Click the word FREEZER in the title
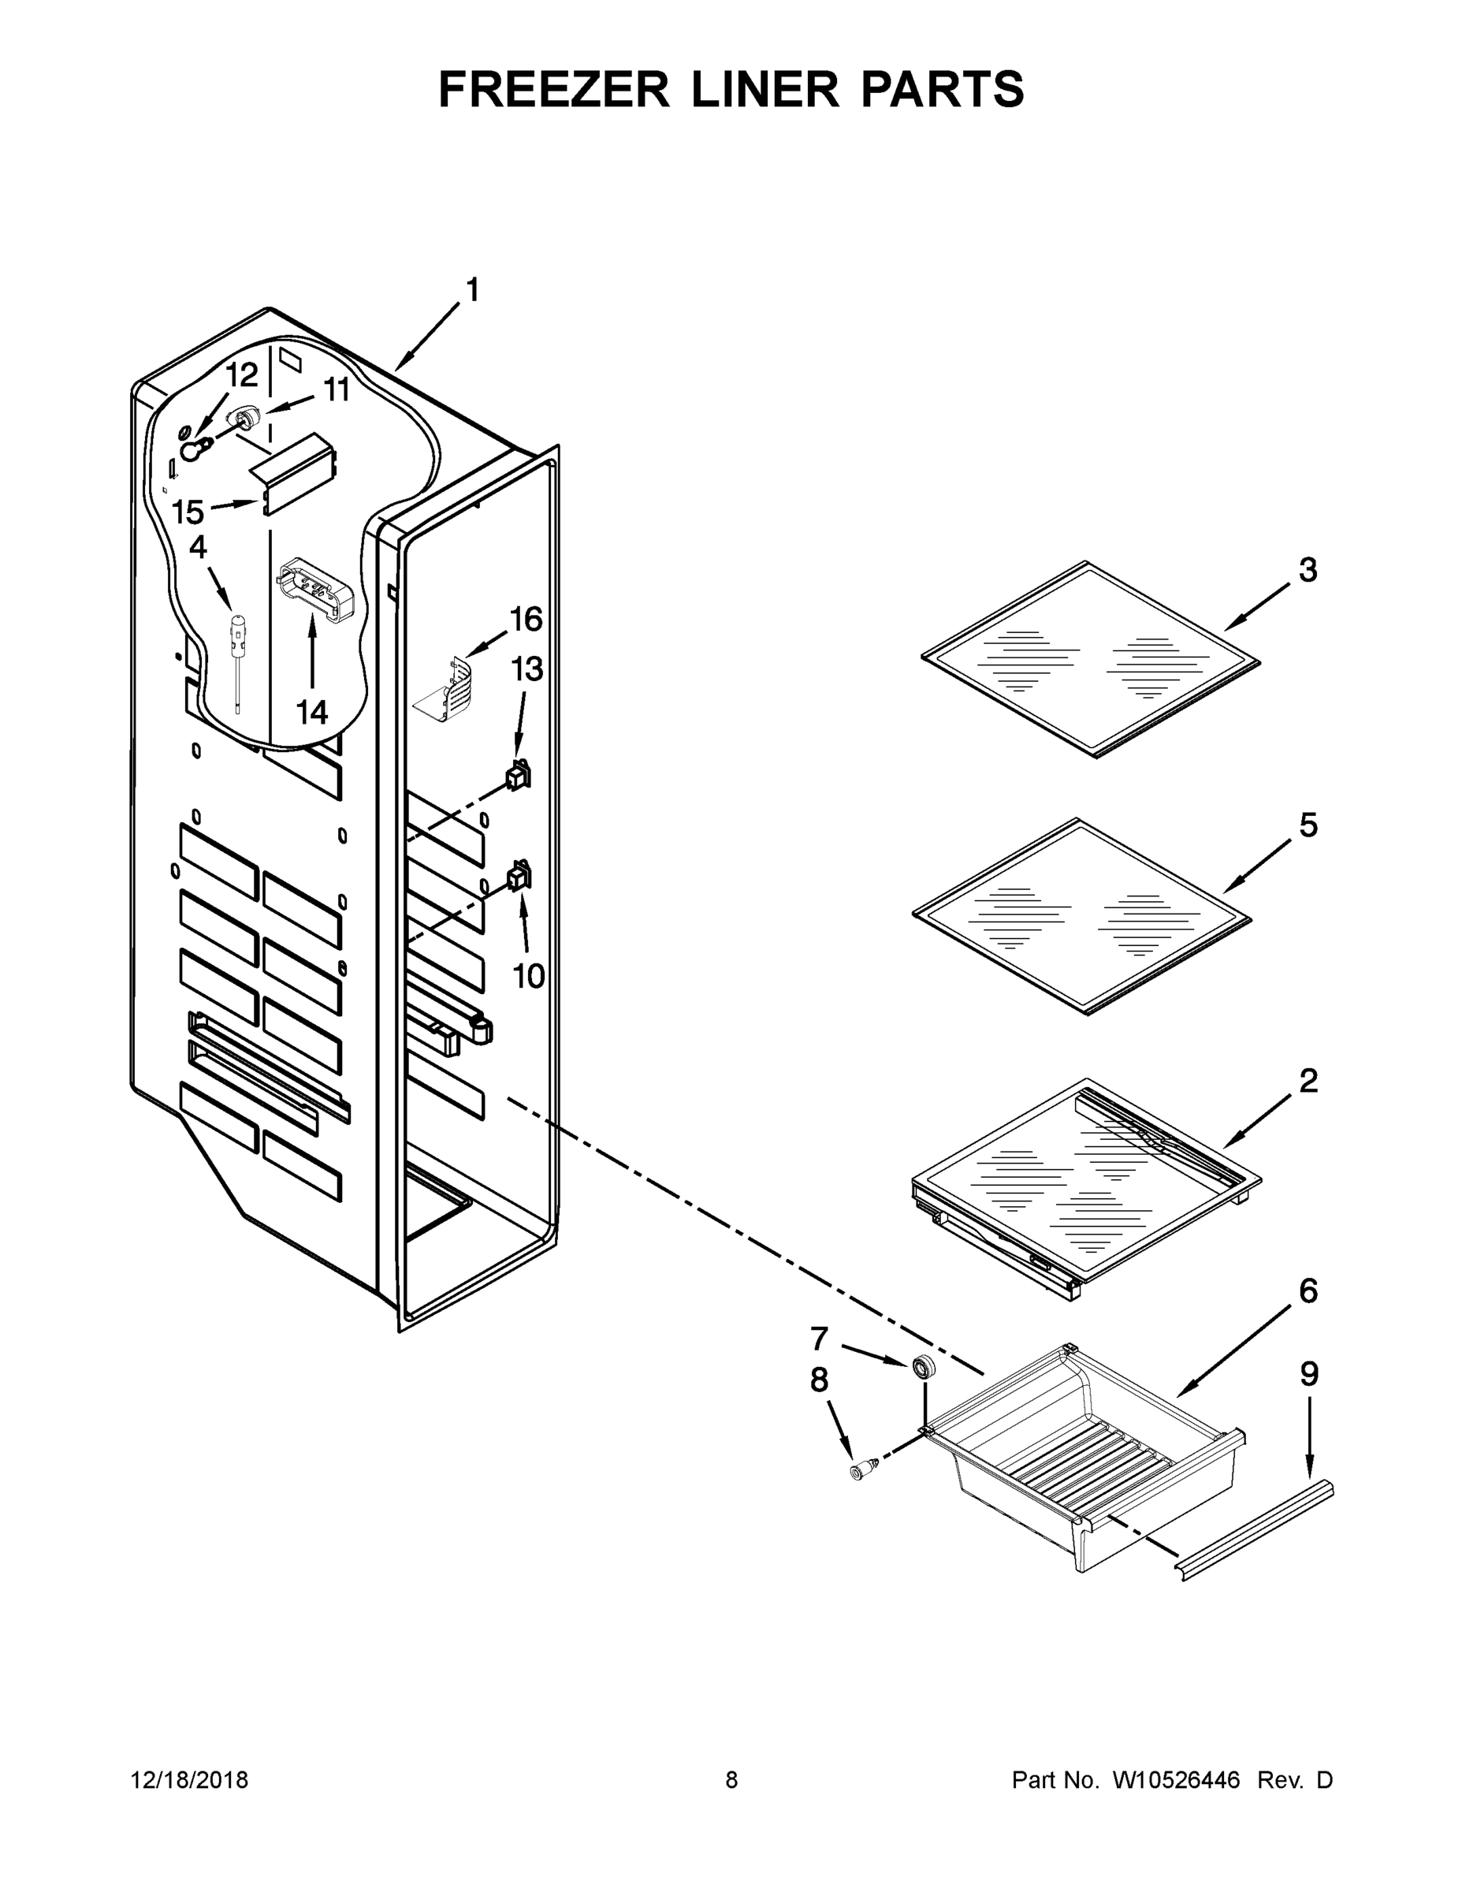coord(553,89)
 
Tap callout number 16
coord(526,620)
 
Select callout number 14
coord(312,712)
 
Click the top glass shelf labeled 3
coord(1092,660)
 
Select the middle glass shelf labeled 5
coord(1083,917)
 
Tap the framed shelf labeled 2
coord(1087,1186)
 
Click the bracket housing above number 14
coord(317,589)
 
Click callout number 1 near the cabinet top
coord(472,290)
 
